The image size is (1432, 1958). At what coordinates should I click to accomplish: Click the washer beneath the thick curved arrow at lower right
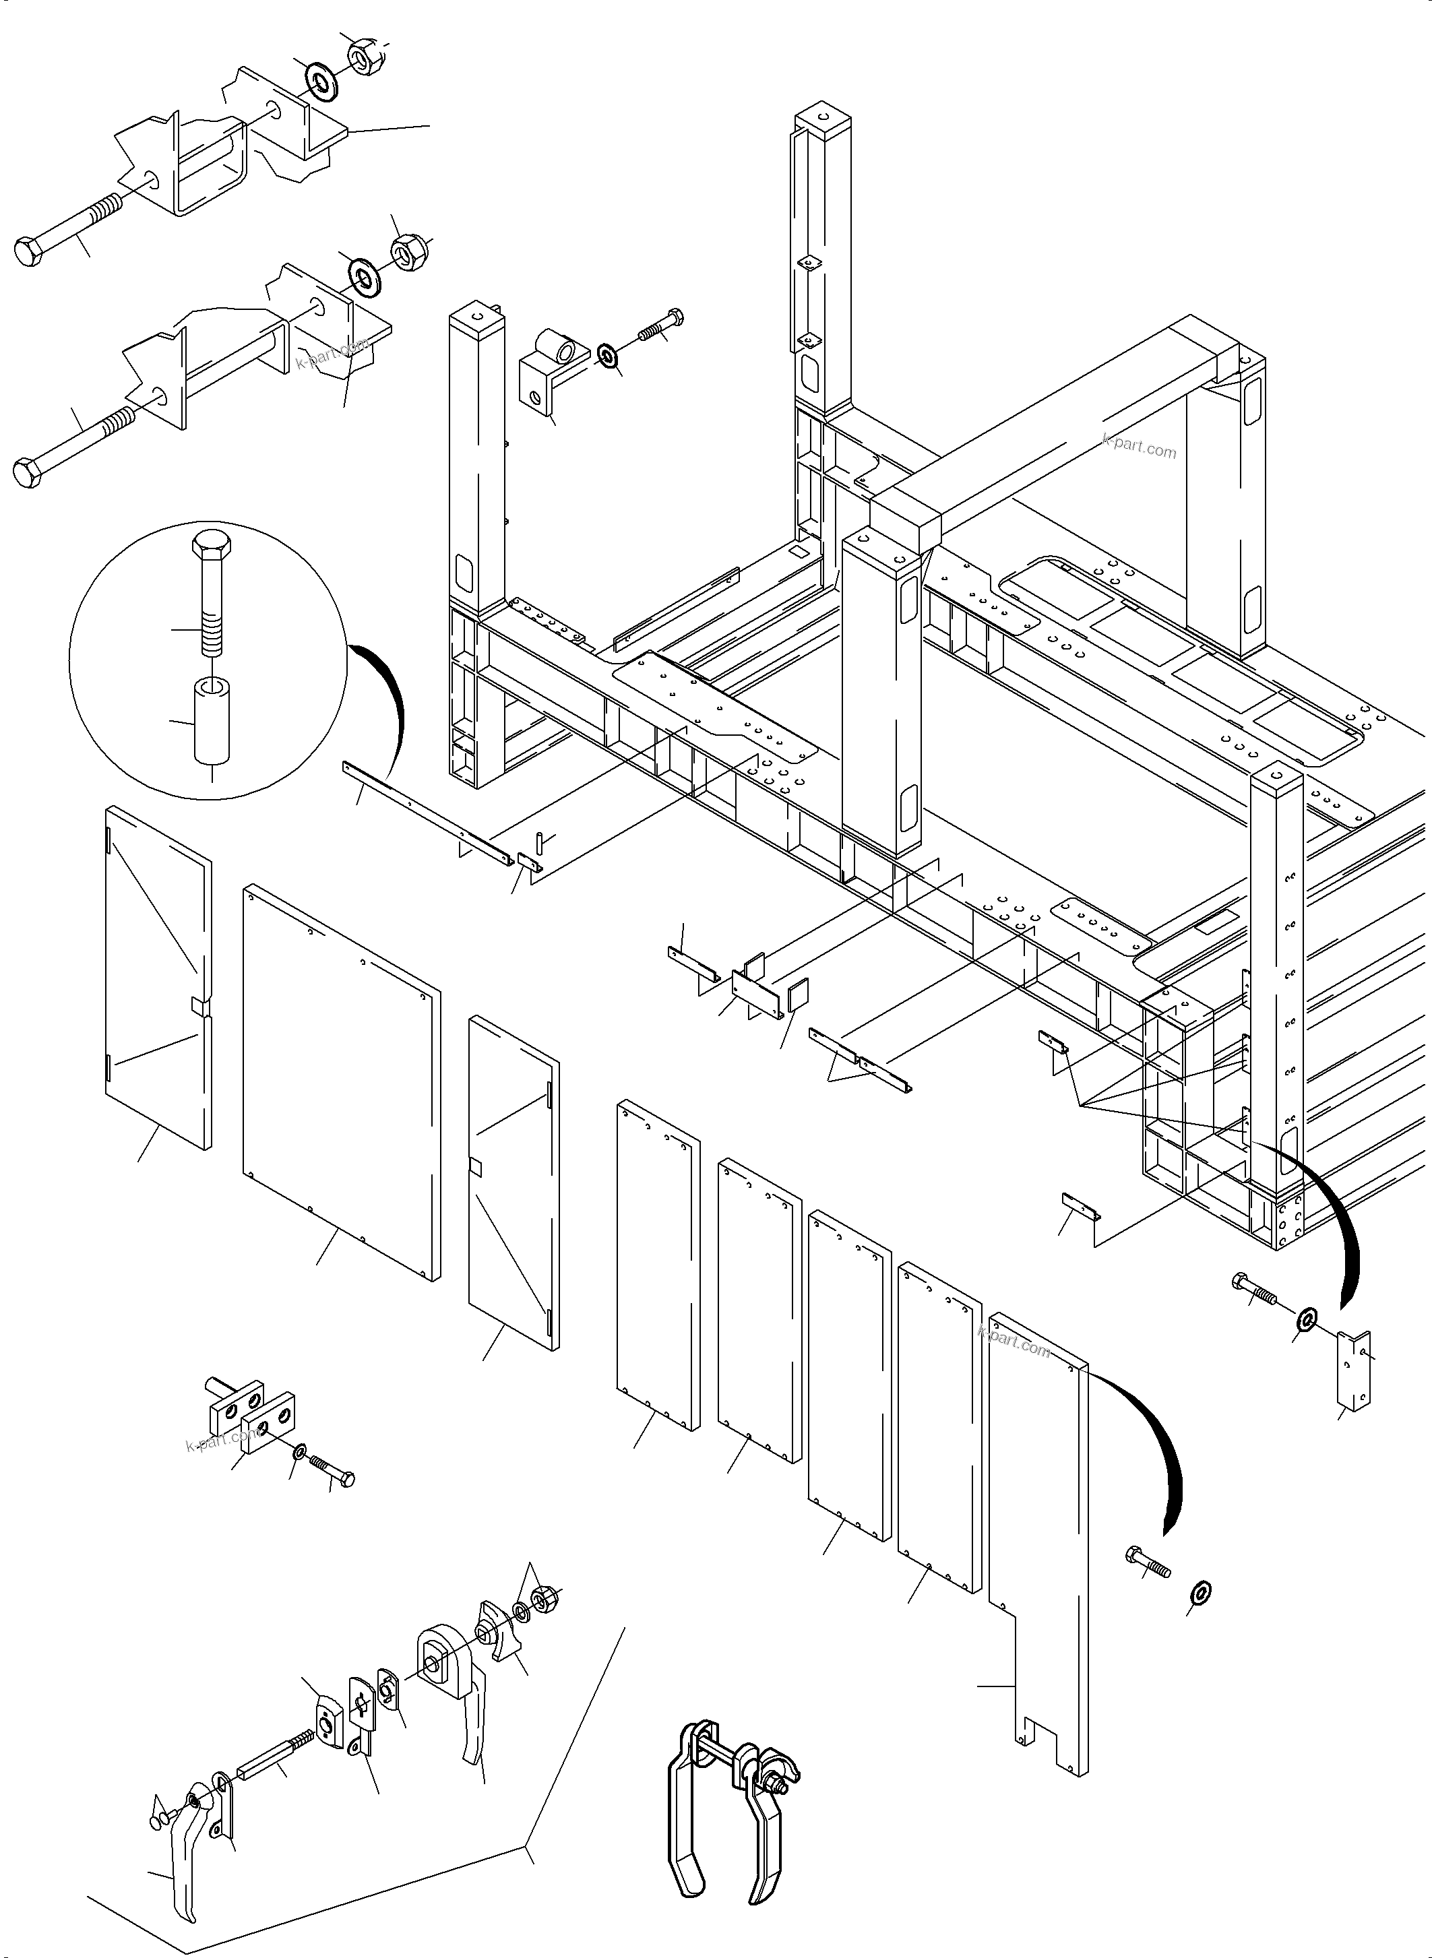tap(1202, 1591)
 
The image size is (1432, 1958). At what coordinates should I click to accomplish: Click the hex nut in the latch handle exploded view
tap(544, 1597)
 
